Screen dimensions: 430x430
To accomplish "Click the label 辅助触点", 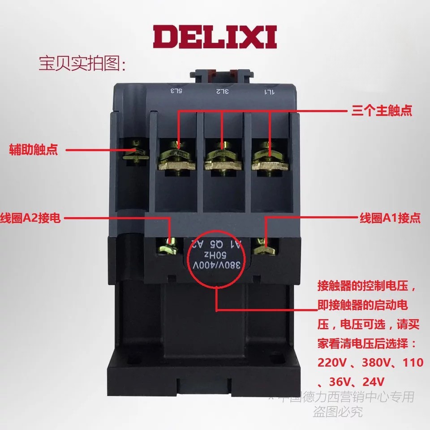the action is (x=34, y=150).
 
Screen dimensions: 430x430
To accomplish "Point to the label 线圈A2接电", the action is (x=31, y=219).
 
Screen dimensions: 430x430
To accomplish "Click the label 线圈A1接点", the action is (x=391, y=218).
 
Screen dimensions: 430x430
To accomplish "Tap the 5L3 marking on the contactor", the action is (x=176, y=91).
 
